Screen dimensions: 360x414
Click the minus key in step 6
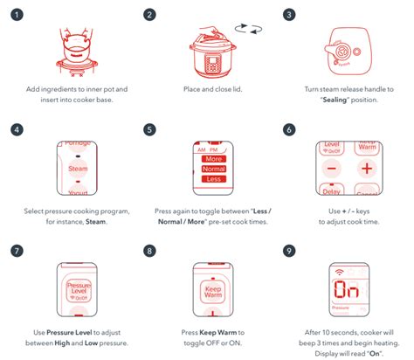tap(332, 168)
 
